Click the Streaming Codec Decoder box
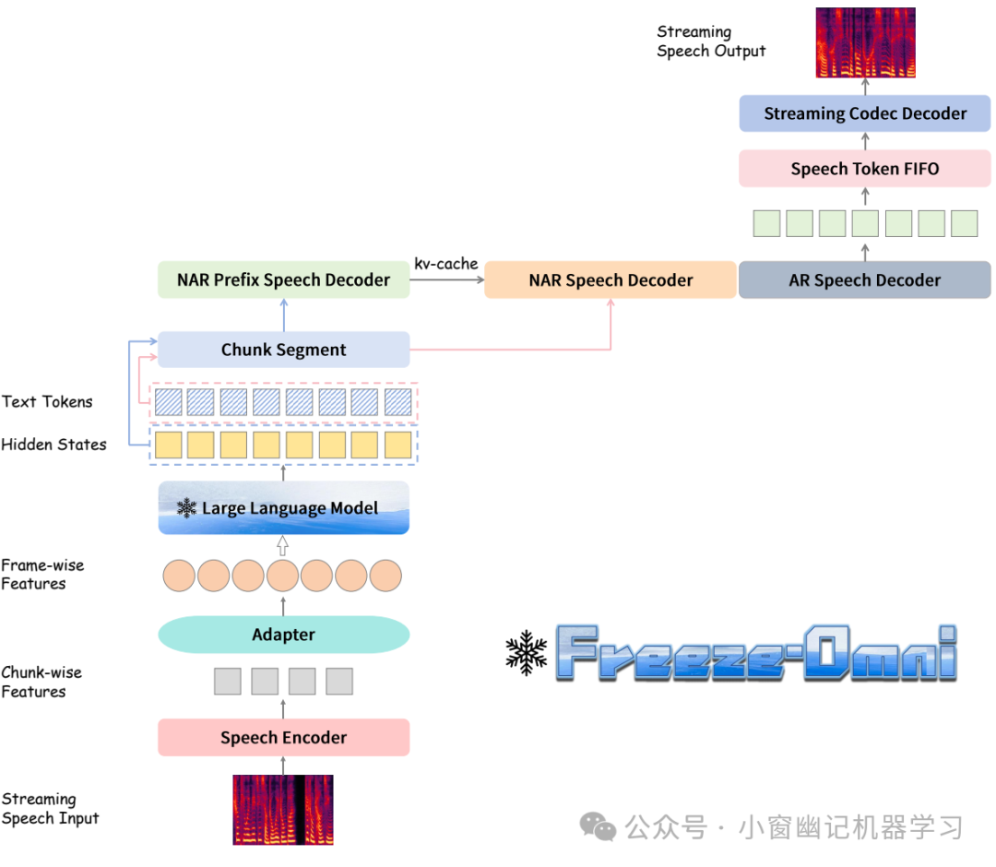864,113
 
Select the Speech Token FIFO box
864,168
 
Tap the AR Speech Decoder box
864,280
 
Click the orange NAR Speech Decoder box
611,280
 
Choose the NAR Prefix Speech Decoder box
283,280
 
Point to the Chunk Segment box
283,350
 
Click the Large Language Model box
283,507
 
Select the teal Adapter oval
283,635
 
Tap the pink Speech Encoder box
283,738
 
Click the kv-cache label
446,264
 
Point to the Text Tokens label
47,401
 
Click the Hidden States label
54,444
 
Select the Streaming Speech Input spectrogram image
283,810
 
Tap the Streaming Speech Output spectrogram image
865,42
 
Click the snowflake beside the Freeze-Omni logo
526,652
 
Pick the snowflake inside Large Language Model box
186,507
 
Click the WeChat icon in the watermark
598,826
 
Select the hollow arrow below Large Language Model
283,546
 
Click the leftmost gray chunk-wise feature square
228,681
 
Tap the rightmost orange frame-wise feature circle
385,576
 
